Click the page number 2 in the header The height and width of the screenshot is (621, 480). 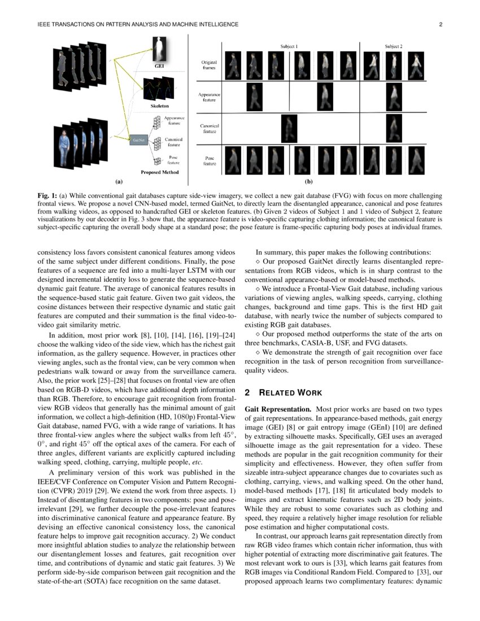pos(439,24)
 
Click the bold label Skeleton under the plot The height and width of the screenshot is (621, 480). pos(159,106)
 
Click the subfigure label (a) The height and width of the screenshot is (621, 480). pos(119,182)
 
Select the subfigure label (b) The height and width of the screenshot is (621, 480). pos(309,182)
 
